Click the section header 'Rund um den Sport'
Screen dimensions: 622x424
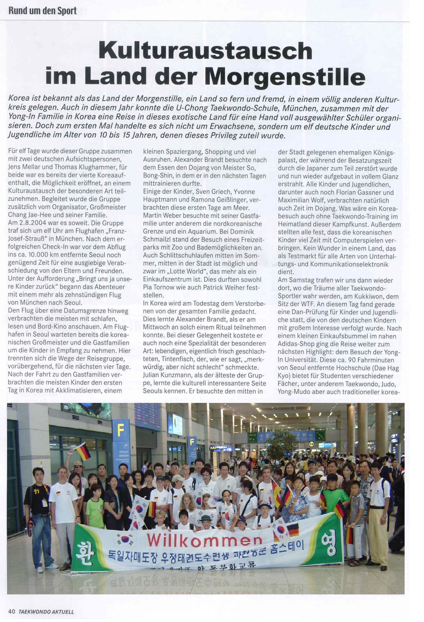click(43, 11)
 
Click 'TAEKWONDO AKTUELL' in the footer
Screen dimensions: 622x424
click(46, 612)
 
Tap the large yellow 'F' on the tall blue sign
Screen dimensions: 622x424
click(120, 430)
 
